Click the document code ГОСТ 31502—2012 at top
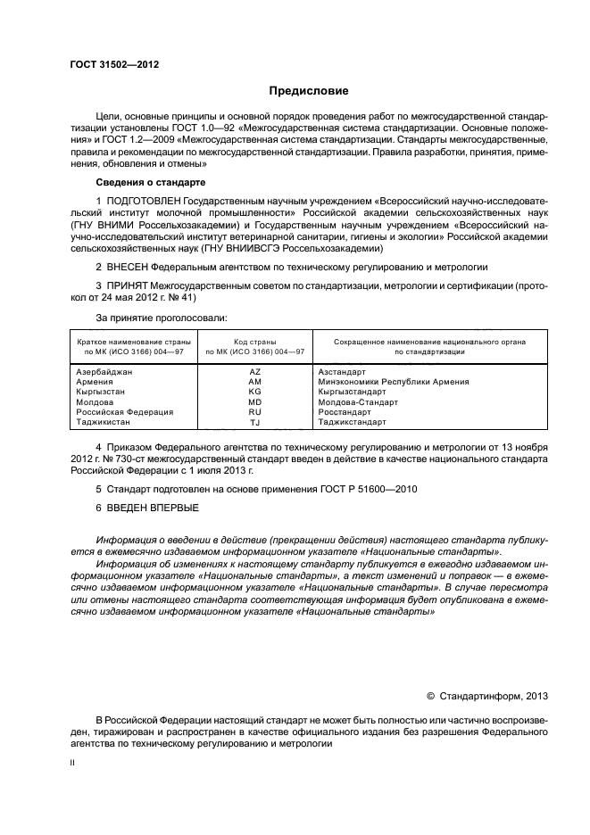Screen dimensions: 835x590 (108, 63)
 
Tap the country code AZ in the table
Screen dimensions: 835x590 (255, 371)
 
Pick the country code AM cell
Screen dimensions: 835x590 (255, 382)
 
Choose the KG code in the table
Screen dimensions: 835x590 (255, 392)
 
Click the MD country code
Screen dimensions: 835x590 (255, 402)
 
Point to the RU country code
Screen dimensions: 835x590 (255, 412)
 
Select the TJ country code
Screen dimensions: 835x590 (255, 423)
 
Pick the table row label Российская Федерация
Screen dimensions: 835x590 (124, 412)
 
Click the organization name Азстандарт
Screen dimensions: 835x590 (342, 371)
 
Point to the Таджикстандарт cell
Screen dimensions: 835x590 (352, 423)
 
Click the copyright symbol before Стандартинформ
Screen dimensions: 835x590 (430, 697)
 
